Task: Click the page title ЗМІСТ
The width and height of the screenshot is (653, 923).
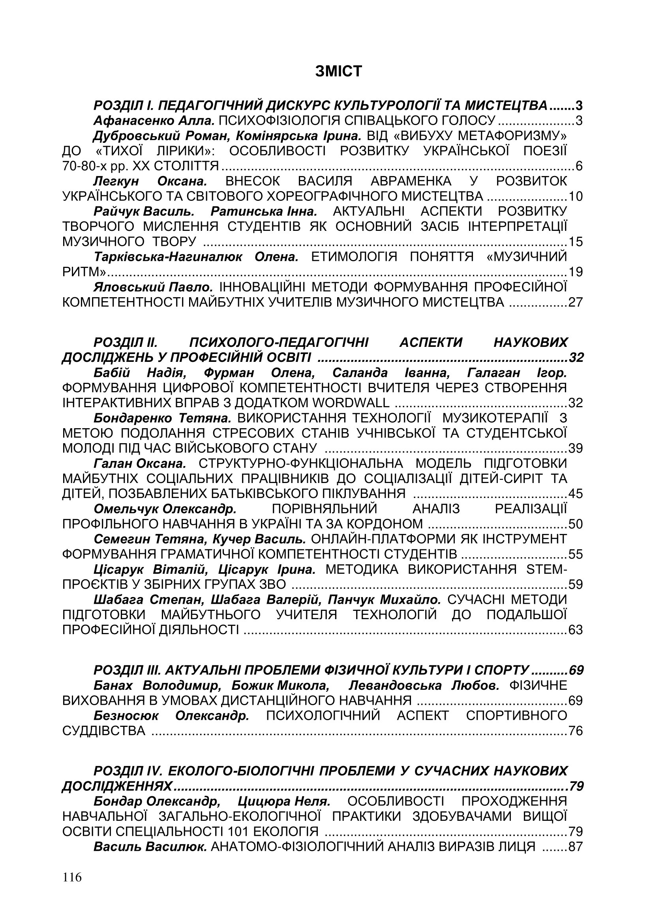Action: pyautogui.click(x=339, y=71)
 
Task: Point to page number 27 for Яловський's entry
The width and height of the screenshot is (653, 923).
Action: pyautogui.click(x=575, y=302)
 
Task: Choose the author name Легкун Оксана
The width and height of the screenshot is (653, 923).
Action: pyautogui.click(x=150, y=181)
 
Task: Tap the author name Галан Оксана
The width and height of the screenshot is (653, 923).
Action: pyautogui.click(x=140, y=464)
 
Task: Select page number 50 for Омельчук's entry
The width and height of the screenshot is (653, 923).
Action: pyautogui.click(x=575, y=524)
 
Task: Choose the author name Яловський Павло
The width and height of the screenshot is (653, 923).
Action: pyautogui.click(x=153, y=287)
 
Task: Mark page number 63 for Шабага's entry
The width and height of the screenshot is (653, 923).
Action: pyautogui.click(x=575, y=630)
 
